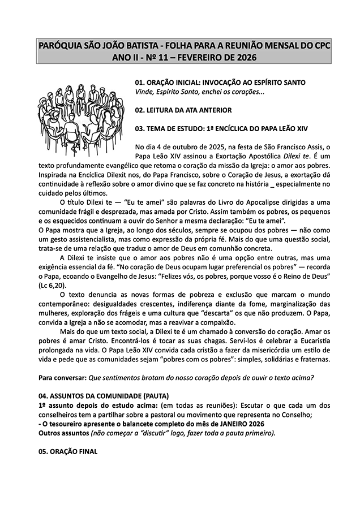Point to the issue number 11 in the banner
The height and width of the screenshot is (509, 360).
[162, 58]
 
